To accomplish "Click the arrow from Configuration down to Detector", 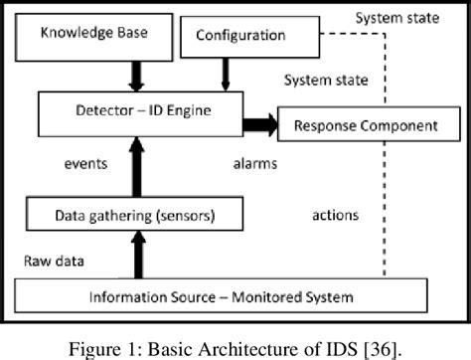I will point(221,72).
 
